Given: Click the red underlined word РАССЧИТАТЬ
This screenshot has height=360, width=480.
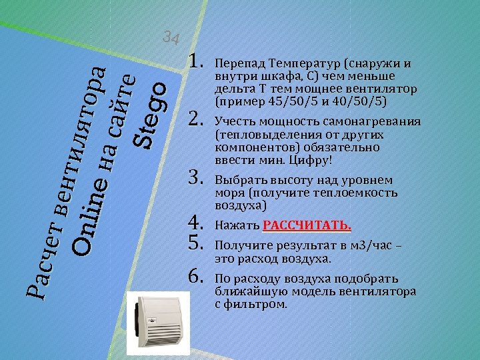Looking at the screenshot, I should [x=307, y=225].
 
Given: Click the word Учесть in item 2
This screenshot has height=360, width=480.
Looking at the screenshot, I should [x=232, y=123].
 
